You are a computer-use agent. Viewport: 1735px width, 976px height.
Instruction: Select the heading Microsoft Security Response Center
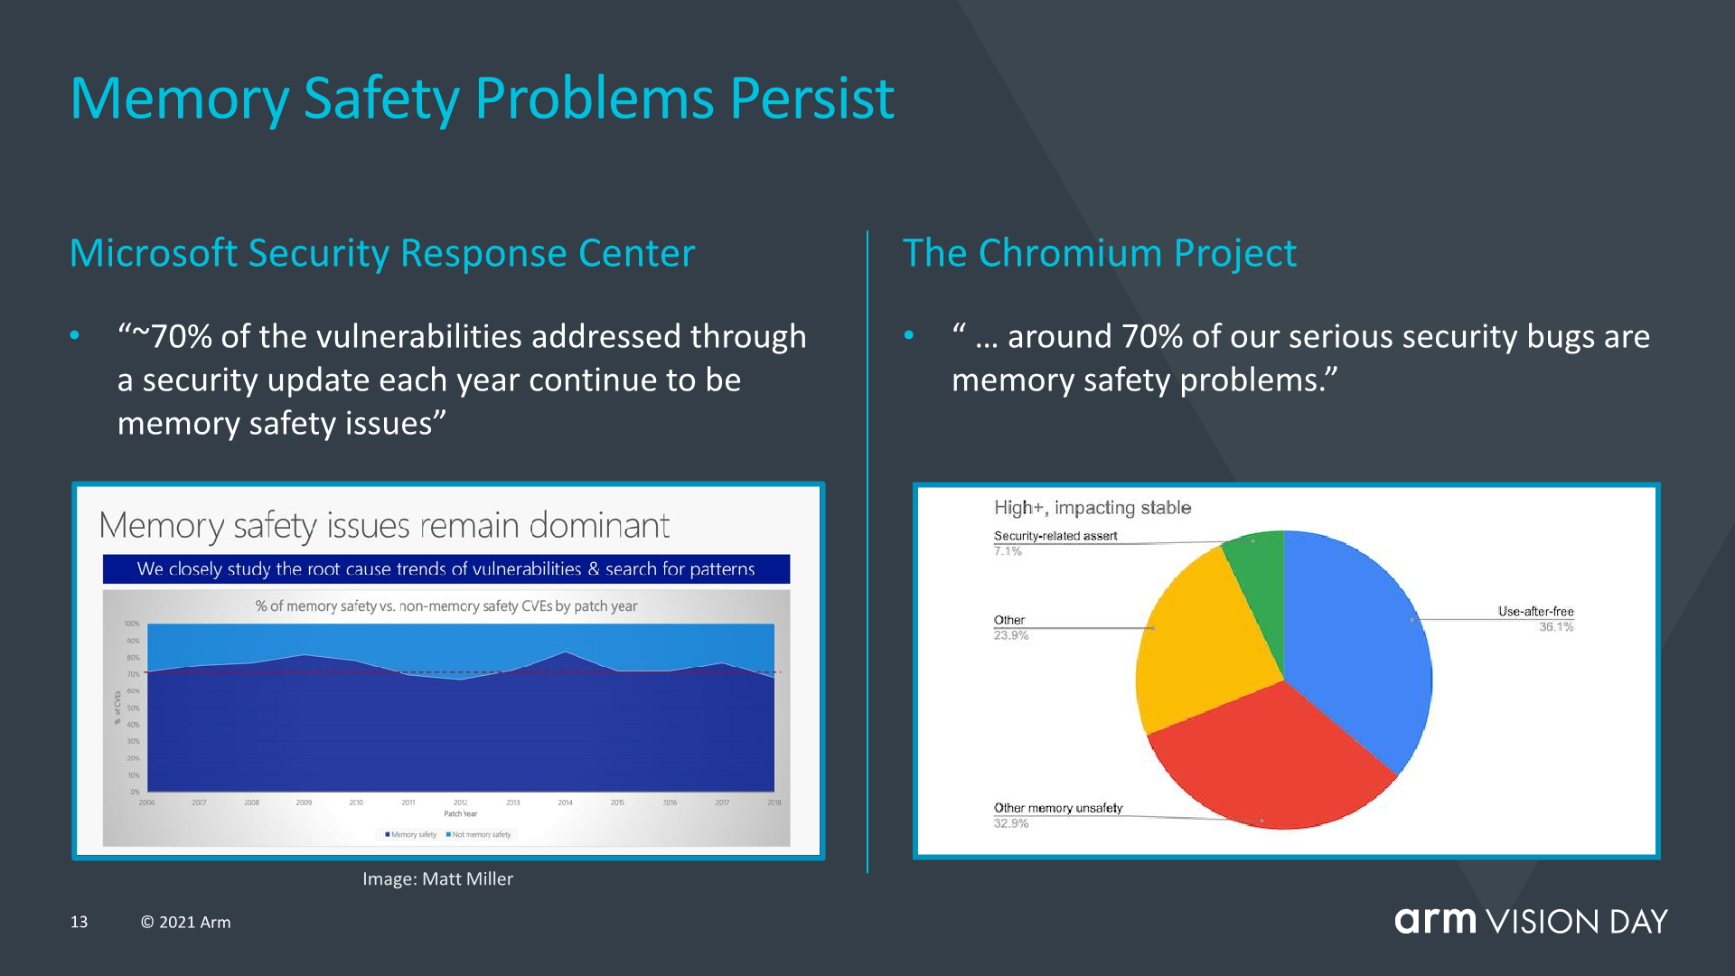pyautogui.click(x=382, y=253)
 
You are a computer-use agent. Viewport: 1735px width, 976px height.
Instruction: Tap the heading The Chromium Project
pyautogui.click(x=1099, y=253)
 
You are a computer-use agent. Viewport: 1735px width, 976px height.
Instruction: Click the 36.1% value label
pyautogui.click(x=1556, y=627)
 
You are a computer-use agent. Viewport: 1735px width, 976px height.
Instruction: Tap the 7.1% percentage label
pyautogui.click(x=1008, y=551)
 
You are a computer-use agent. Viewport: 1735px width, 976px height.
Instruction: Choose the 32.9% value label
pyautogui.click(x=1011, y=823)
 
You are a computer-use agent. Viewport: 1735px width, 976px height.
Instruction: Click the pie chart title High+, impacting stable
pyautogui.click(x=1093, y=508)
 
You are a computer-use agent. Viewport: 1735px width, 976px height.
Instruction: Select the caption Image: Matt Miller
pyautogui.click(x=437, y=878)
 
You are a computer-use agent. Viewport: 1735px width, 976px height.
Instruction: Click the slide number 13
pyautogui.click(x=80, y=922)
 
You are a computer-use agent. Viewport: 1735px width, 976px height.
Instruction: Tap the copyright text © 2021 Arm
pyautogui.click(x=185, y=922)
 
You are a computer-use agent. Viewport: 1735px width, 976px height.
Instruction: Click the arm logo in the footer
pyautogui.click(x=1435, y=920)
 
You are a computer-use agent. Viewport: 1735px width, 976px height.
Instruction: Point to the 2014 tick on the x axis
pyautogui.click(x=565, y=802)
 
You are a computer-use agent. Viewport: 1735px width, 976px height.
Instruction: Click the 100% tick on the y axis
pyautogui.click(x=132, y=624)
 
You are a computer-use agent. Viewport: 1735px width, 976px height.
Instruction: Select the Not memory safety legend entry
pyautogui.click(x=479, y=835)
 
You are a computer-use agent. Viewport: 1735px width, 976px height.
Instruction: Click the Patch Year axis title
pyautogui.click(x=460, y=814)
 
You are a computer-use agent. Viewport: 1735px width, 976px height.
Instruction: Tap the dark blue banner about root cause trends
pyautogui.click(x=445, y=569)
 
